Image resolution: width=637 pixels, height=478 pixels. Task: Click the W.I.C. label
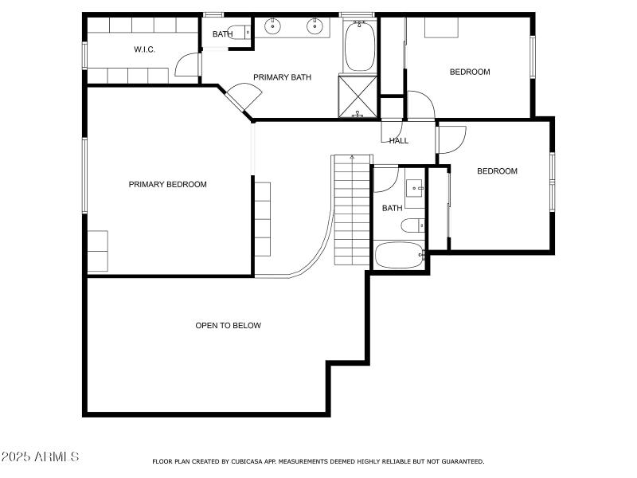click(x=144, y=49)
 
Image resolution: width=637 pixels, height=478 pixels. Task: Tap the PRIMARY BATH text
click(x=282, y=77)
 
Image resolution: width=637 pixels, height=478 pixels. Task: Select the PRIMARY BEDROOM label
click(x=167, y=185)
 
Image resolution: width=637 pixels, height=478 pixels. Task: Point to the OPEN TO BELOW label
click(x=229, y=325)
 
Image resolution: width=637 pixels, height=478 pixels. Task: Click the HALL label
click(x=399, y=141)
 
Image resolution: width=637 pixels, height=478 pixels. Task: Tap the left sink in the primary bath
click(x=274, y=27)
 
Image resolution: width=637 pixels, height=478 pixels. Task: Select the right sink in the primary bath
click(x=316, y=27)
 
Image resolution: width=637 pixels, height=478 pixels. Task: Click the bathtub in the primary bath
click(x=359, y=45)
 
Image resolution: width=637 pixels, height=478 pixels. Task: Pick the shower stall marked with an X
click(x=358, y=96)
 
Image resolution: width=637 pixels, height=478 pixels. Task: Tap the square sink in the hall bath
click(x=415, y=189)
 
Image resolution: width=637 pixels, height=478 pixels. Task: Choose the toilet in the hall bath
click(x=413, y=225)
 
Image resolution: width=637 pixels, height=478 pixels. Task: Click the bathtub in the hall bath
click(x=400, y=256)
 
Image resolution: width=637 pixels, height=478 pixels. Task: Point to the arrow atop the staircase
click(x=351, y=158)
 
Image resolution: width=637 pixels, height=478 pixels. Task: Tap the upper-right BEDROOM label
click(x=470, y=72)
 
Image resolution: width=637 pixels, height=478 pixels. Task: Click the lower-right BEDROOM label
click(x=497, y=171)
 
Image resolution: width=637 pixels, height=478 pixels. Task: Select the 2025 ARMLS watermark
click(x=40, y=456)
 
